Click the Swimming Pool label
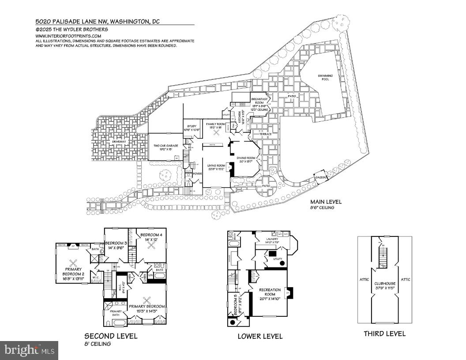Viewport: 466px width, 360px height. point(325,78)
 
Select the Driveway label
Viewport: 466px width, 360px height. point(119,142)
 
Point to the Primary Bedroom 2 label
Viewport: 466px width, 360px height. point(73,273)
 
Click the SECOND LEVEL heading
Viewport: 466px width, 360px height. point(111,336)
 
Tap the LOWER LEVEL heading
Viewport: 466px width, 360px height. point(260,336)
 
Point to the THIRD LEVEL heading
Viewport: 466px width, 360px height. point(384,334)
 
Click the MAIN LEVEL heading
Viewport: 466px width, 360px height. point(326,202)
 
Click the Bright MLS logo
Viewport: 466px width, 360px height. point(29,350)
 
